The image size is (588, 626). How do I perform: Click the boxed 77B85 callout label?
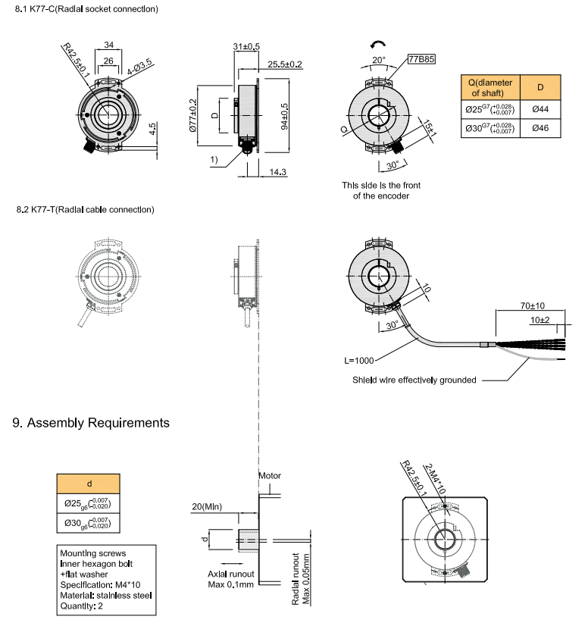[421, 59]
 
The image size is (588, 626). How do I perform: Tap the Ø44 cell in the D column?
[540, 109]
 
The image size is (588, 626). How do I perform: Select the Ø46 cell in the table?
[540, 128]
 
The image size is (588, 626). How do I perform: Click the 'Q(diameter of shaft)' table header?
[490, 87]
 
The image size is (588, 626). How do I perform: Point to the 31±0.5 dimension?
[246, 47]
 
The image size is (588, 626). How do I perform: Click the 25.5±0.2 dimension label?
[285, 64]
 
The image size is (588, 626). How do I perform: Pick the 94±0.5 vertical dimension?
[284, 116]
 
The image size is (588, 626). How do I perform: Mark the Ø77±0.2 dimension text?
[192, 115]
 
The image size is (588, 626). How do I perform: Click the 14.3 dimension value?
[277, 172]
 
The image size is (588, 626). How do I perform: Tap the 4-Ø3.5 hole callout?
[139, 67]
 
